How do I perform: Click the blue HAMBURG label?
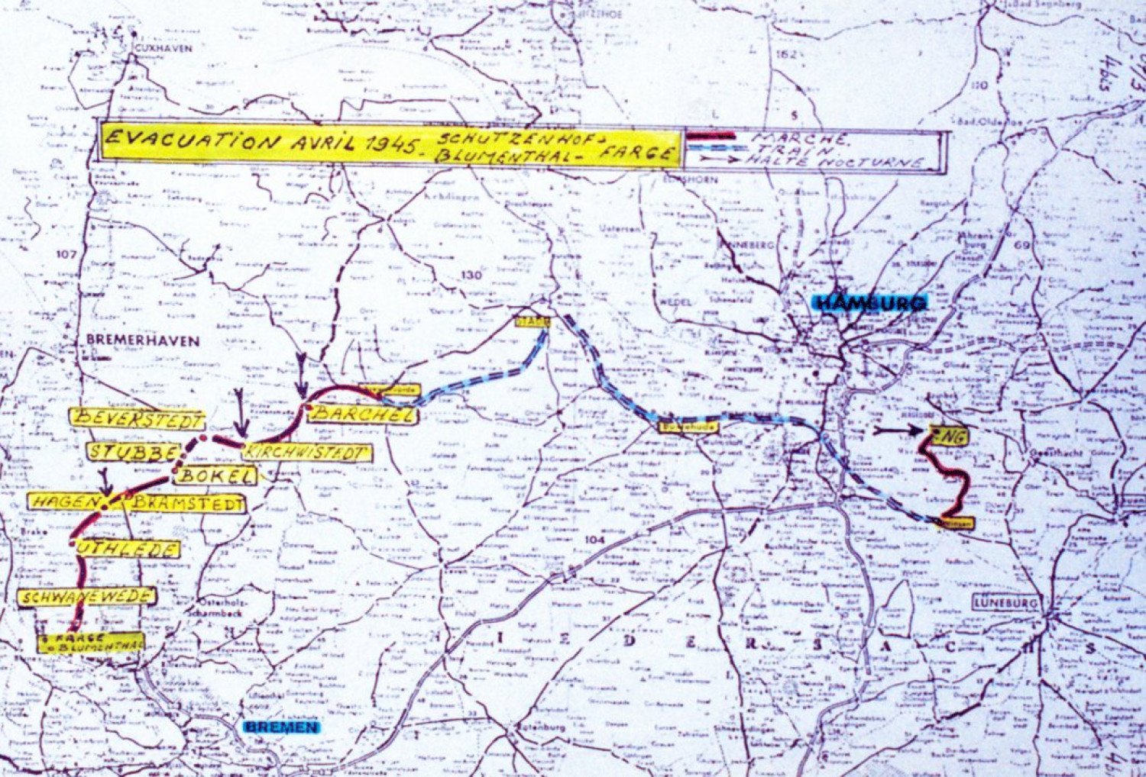click(x=871, y=303)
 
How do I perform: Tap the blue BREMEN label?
click(x=283, y=727)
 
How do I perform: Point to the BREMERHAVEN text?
click(x=143, y=340)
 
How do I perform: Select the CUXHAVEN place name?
click(x=163, y=47)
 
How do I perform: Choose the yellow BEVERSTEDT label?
click(x=138, y=419)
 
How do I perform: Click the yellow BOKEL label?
click(x=215, y=476)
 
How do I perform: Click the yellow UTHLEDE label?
click(x=128, y=549)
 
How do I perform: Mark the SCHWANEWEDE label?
click(x=87, y=597)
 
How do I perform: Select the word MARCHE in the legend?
click(x=799, y=138)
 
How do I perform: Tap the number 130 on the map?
click(x=471, y=275)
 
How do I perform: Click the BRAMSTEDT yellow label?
click(x=187, y=504)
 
